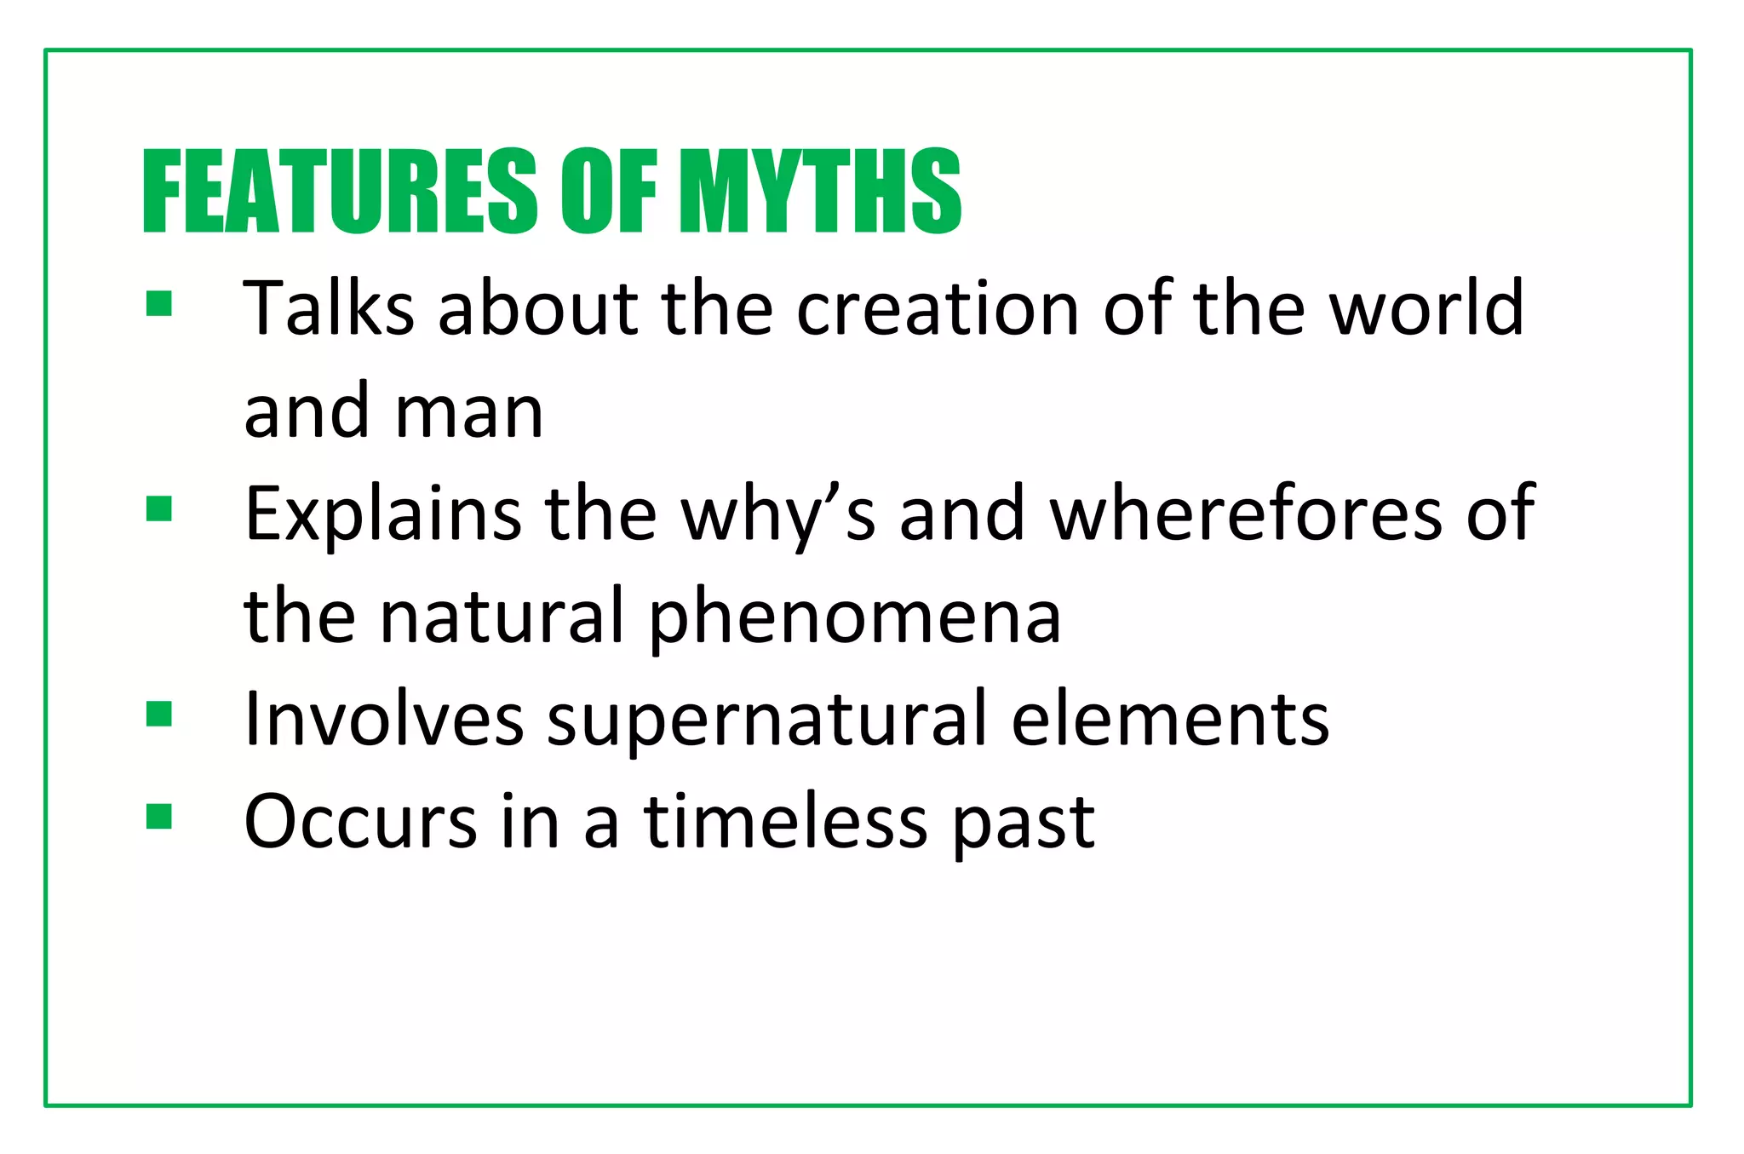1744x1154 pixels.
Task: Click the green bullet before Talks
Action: pyautogui.click(x=159, y=304)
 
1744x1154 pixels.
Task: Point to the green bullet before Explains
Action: pyautogui.click(x=159, y=508)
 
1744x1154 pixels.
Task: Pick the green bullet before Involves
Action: pyautogui.click(x=159, y=714)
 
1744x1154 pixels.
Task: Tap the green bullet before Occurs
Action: pyautogui.click(x=159, y=816)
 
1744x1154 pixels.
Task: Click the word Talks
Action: pyautogui.click(x=329, y=307)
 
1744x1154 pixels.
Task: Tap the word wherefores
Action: pyautogui.click(x=1245, y=514)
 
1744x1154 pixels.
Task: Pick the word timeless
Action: pyautogui.click(x=785, y=822)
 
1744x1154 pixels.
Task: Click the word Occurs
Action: pyautogui.click(x=360, y=822)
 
